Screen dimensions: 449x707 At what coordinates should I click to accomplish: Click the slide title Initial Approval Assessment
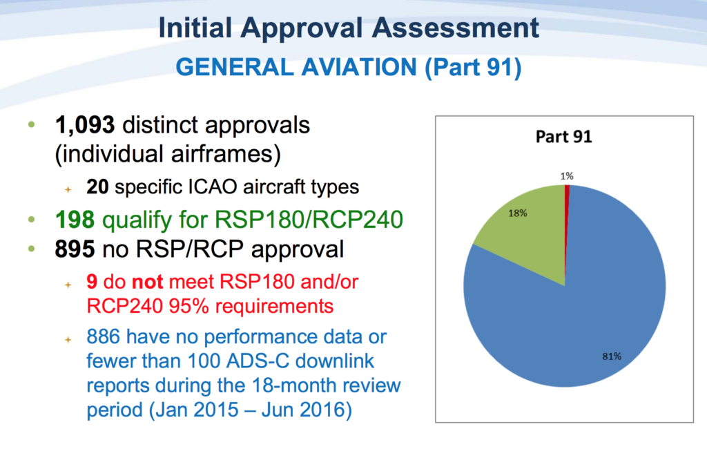coord(348,28)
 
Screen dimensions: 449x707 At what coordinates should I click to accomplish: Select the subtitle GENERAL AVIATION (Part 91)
coord(348,67)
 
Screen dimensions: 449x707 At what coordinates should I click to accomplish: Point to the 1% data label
coord(566,175)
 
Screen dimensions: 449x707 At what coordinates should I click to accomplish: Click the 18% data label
coord(519,213)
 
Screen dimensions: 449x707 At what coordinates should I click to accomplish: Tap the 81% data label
coord(612,356)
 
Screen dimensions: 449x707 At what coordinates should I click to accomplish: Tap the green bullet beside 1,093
coord(30,125)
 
